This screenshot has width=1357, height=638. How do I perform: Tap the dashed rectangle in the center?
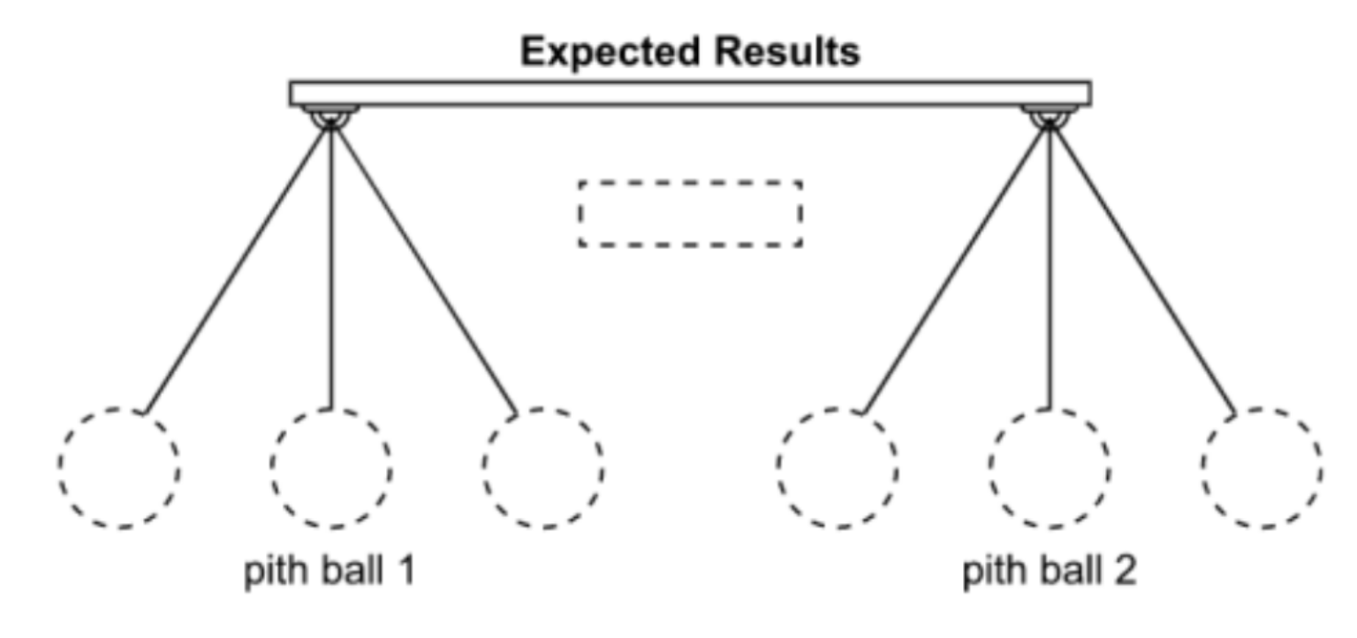click(690, 214)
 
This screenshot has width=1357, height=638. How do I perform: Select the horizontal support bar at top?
click(690, 93)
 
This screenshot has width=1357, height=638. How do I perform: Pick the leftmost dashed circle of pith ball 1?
click(119, 467)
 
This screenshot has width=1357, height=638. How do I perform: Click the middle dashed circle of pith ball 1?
click(331, 467)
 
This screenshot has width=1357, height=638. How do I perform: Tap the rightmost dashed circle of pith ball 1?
click(543, 467)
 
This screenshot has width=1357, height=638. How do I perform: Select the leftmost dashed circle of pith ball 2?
click(838, 467)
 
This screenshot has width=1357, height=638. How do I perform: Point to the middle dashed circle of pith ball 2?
click(1050, 467)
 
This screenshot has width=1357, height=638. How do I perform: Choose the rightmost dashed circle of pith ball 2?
click(1262, 467)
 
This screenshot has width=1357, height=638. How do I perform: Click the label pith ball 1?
click(330, 573)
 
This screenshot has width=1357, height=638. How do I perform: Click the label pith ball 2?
click(1050, 573)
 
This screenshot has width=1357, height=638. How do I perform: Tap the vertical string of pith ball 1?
click(330, 265)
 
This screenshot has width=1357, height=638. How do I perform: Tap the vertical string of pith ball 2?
click(1050, 265)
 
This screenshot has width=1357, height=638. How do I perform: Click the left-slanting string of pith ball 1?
click(237, 265)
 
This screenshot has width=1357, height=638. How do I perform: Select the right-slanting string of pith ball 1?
click(423, 265)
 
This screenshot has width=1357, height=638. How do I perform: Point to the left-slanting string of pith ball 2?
click(957, 265)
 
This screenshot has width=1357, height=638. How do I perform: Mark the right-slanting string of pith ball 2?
click(1143, 265)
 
